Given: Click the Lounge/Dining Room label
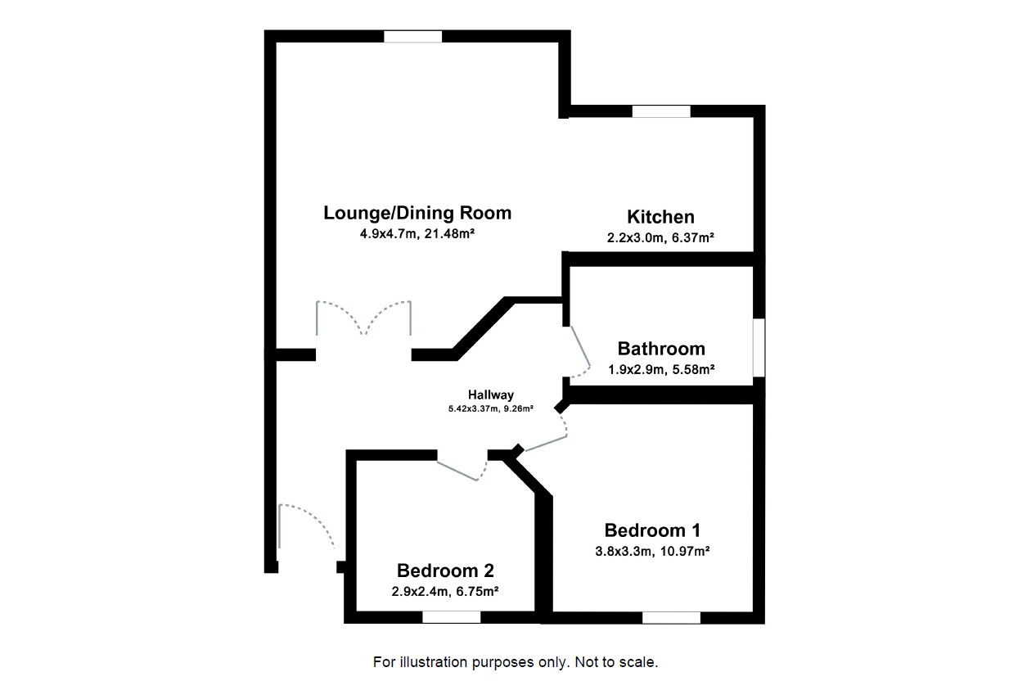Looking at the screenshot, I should (x=417, y=214).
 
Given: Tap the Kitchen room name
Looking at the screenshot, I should (x=660, y=217).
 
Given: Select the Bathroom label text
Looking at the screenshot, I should (x=661, y=349).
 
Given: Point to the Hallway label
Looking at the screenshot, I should (x=491, y=395).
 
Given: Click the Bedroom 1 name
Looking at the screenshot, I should (x=652, y=530).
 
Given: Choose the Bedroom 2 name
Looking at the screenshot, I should (x=445, y=571).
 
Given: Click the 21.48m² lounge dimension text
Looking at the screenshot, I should (x=417, y=234).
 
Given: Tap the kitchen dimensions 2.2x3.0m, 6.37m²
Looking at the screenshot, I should (x=660, y=238).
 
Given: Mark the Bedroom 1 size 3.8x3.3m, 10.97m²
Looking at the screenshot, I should (x=652, y=551).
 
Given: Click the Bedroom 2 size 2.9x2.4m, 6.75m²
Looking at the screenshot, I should (x=445, y=591).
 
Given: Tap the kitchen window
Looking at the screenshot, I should (x=661, y=111).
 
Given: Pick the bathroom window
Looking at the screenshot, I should (x=759, y=348).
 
